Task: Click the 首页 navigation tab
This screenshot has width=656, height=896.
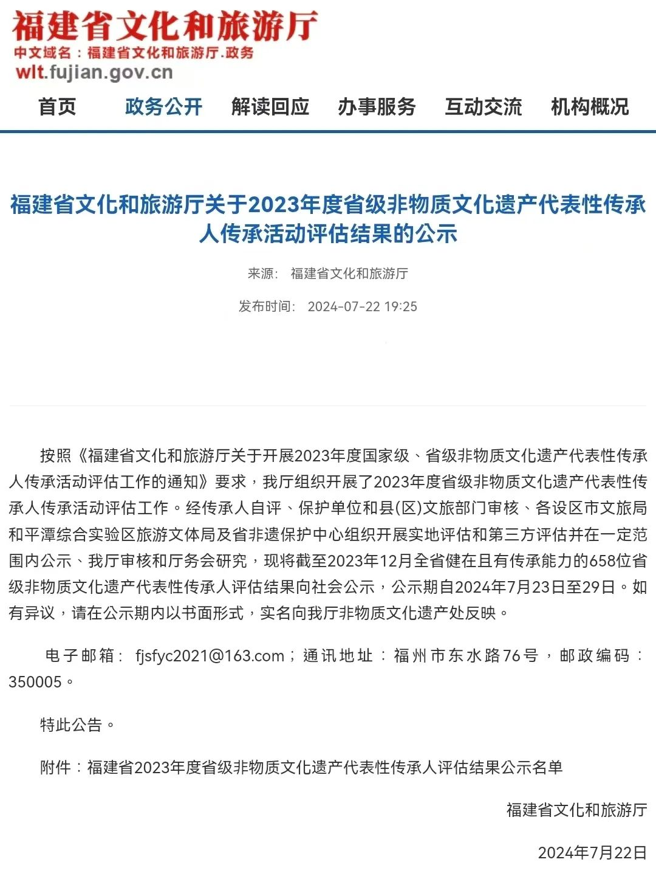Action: click(57, 107)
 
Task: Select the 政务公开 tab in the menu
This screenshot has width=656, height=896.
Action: click(163, 107)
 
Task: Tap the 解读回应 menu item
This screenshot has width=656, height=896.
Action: click(270, 107)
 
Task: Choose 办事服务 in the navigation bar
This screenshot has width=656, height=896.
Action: click(377, 107)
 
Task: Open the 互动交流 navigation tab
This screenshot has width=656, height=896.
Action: click(483, 107)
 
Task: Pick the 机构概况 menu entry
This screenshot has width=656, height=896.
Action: click(590, 107)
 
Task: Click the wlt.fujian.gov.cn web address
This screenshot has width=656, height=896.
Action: click(94, 73)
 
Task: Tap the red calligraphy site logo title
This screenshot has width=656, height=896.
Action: click(164, 26)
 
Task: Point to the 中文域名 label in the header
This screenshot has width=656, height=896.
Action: click(43, 53)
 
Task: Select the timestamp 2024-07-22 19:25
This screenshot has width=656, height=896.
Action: click(362, 306)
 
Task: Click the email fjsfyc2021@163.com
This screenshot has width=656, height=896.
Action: click(210, 656)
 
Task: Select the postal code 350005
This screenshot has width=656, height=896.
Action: click(35, 682)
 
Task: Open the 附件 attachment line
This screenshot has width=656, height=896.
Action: click(301, 768)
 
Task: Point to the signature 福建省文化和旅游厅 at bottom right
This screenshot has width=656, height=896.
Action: click(576, 810)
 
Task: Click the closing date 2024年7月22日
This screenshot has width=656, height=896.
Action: click(592, 853)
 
